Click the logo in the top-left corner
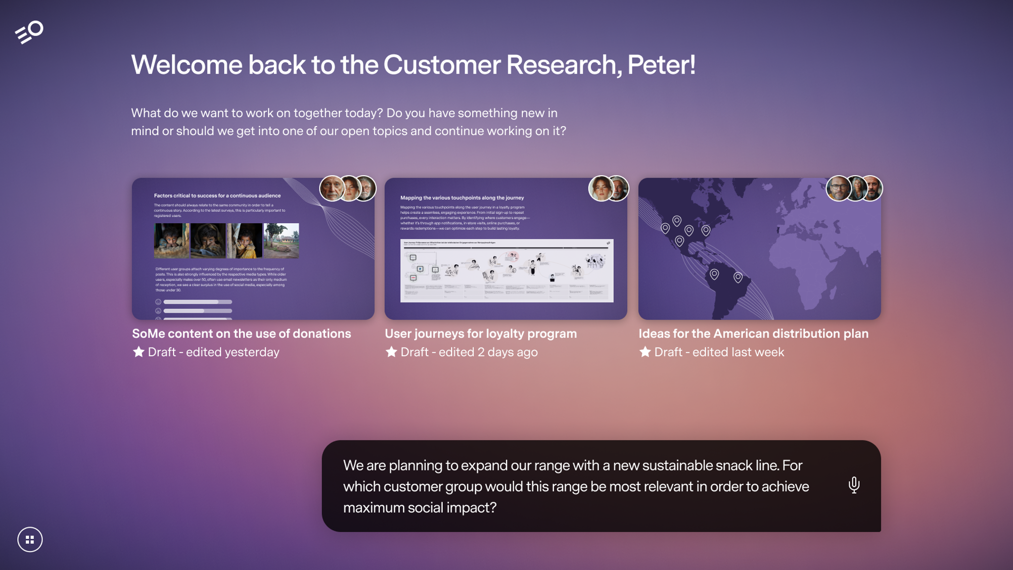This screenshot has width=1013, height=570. pos(29,32)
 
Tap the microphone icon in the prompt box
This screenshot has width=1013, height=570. pos(854,485)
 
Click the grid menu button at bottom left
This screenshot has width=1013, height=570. pos(30,539)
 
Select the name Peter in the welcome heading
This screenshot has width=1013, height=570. pos(661,65)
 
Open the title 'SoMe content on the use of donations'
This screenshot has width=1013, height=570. pos(241,333)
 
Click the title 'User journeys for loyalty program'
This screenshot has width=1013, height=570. pos(481,333)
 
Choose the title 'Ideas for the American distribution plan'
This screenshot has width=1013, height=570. pos(753,333)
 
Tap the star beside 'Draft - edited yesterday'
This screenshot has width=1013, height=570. pos(138,352)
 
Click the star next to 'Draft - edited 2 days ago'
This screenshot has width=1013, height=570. pos(391,352)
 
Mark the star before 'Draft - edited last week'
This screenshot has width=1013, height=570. pos(645,352)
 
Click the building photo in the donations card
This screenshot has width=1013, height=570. pos(281,240)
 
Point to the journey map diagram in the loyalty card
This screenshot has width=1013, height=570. pos(506,270)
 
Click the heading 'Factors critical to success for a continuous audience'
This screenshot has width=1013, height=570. pos(217,195)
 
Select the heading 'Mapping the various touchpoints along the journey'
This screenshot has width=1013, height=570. pos(462,197)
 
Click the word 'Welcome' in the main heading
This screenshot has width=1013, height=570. pos(187,65)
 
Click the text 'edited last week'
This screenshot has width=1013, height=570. pos(738,352)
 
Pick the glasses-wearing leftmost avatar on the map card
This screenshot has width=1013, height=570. pos(838,189)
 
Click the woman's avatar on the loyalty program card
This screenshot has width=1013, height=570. pos(600,189)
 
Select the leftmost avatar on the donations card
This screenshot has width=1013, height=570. pos(331,189)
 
